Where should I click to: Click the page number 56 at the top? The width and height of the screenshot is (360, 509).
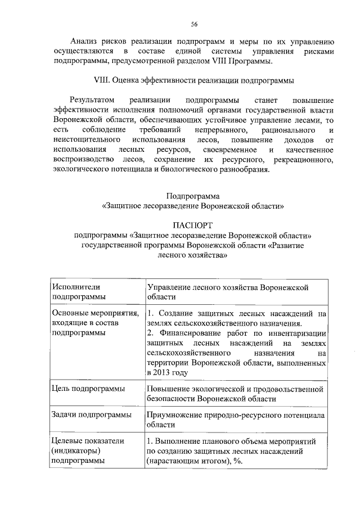pyautogui.click(x=193, y=24)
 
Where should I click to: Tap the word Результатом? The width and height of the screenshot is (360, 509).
pyautogui.click(x=92, y=100)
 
